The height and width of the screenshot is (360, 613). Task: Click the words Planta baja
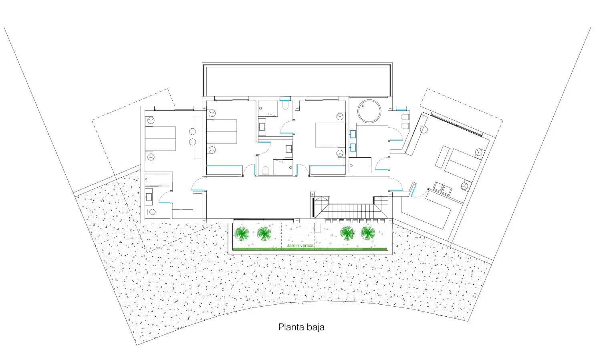pos(301,327)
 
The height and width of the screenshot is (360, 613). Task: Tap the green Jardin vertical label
pos(300,246)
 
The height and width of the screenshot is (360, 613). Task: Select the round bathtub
pos(369,111)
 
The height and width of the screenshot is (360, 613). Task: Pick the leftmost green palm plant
pos(242,233)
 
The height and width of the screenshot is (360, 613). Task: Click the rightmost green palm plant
pos(368,233)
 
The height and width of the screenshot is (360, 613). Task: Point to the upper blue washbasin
pos(353,134)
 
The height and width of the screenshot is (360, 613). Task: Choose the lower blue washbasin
pos(353,147)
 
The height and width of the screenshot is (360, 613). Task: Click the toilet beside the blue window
pos(285,105)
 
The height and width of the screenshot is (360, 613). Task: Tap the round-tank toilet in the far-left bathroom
pos(150,212)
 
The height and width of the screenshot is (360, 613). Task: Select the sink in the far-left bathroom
pos(149,197)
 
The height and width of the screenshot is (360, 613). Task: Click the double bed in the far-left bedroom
pos(160,139)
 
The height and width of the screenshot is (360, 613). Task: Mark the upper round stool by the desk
pos(192,131)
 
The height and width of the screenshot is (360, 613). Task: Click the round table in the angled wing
pos(424,129)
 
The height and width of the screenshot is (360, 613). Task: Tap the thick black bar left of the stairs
pos(313,207)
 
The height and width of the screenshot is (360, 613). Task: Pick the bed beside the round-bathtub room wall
pos(330,135)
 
